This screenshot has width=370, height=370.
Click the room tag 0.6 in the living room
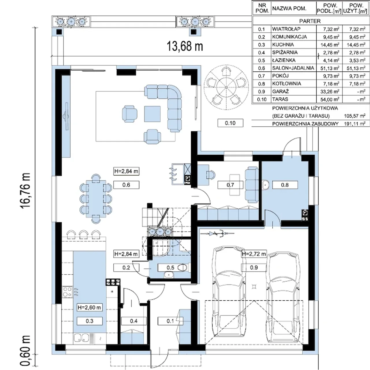126,185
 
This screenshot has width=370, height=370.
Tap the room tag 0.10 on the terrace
230,123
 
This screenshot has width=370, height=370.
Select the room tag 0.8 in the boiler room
285,185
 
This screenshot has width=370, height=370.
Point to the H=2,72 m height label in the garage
254,254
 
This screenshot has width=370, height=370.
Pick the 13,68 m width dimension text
185,46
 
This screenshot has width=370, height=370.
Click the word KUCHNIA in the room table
283,45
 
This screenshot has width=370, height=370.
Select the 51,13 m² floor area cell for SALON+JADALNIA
330,68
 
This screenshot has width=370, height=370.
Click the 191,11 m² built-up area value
355,124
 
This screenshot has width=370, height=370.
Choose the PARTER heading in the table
310,21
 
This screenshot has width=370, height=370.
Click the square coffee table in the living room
152,114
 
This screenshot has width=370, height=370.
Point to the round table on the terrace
226,87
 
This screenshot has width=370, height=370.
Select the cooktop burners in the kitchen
67,292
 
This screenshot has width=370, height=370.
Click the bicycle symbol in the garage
217,234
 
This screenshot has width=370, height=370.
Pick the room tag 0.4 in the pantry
134,321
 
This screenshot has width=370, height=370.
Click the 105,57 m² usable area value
355,116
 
